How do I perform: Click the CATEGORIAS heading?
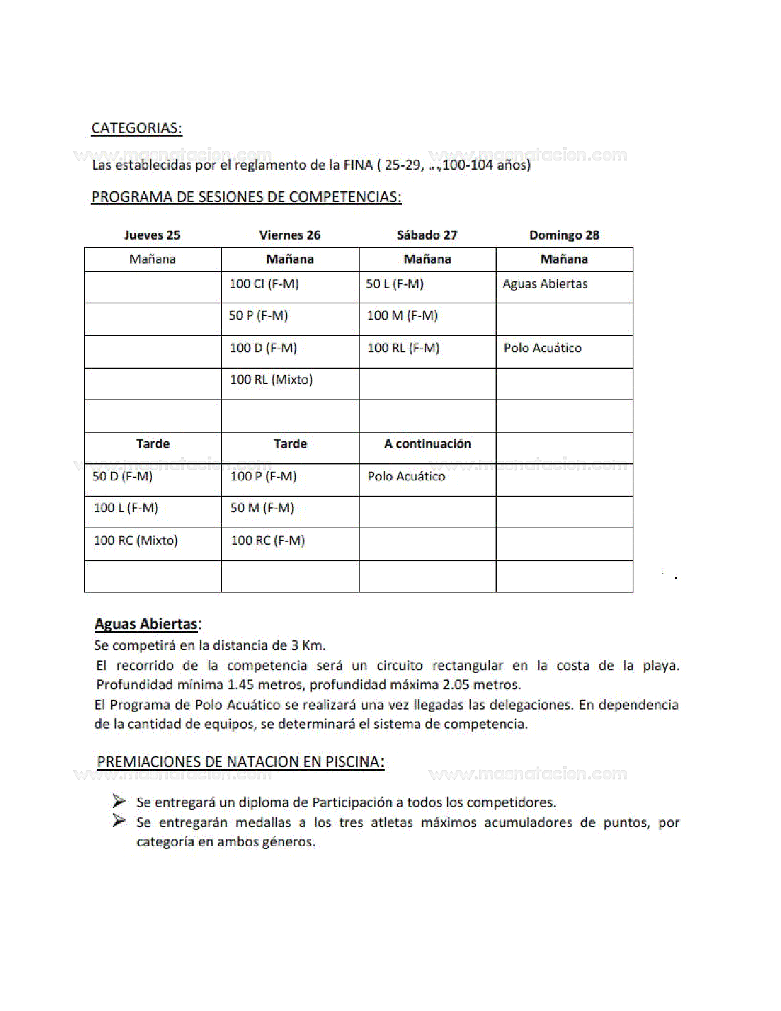136,128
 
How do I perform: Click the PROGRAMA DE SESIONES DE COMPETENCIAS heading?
246,197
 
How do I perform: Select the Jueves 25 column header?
152,235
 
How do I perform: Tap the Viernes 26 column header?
289,235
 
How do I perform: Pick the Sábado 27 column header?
427,235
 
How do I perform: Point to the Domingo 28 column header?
564,235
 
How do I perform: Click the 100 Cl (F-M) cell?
264,284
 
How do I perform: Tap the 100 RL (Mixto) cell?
271,380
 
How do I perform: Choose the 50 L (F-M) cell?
394,284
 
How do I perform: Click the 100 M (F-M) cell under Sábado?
402,316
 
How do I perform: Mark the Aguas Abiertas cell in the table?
545,284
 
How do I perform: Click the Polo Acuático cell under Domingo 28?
542,348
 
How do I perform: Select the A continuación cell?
427,444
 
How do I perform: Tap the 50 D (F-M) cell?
123,476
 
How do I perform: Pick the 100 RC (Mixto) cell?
135,540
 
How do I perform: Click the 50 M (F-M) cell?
262,508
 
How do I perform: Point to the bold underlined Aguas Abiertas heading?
146,624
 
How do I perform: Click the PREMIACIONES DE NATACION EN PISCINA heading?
240,762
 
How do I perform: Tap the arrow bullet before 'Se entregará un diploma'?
119,801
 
